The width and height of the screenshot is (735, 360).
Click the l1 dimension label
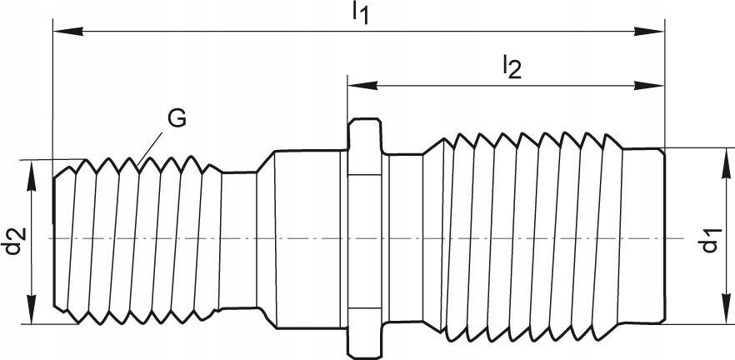click(359, 12)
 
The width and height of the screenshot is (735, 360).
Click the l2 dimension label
click(511, 67)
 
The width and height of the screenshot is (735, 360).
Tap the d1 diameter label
click(709, 237)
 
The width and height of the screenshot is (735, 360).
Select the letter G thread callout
click(177, 118)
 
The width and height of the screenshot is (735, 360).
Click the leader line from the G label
click(152, 144)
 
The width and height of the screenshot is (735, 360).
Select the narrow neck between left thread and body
click(238, 239)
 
